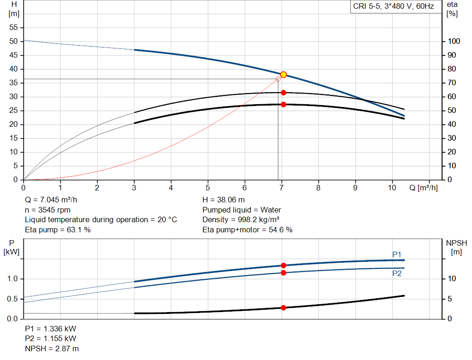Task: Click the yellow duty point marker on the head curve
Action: (x=283, y=75)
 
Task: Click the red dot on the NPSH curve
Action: (x=283, y=307)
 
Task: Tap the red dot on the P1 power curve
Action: (x=283, y=266)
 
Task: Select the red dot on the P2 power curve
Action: (x=283, y=273)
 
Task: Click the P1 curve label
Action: (x=397, y=254)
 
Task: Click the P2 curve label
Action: (x=397, y=273)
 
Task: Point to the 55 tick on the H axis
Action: (x=13, y=27)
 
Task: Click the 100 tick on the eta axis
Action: (x=454, y=41)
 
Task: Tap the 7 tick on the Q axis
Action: (x=282, y=188)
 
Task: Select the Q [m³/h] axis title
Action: (x=424, y=188)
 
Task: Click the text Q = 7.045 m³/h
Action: (x=51, y=200)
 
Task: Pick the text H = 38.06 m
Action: (x=224, y=200)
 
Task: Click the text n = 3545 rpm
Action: (x=47, y=210)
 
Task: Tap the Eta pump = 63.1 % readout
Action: (x=58, y=230)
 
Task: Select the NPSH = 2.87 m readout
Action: (x=52, y=348)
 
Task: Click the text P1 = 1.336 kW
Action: (x=51, y=329)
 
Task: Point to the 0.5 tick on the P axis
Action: (x=12, y=299)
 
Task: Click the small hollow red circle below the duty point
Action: (x=278, y=79)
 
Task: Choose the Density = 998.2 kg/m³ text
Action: (x=241, y=219)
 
